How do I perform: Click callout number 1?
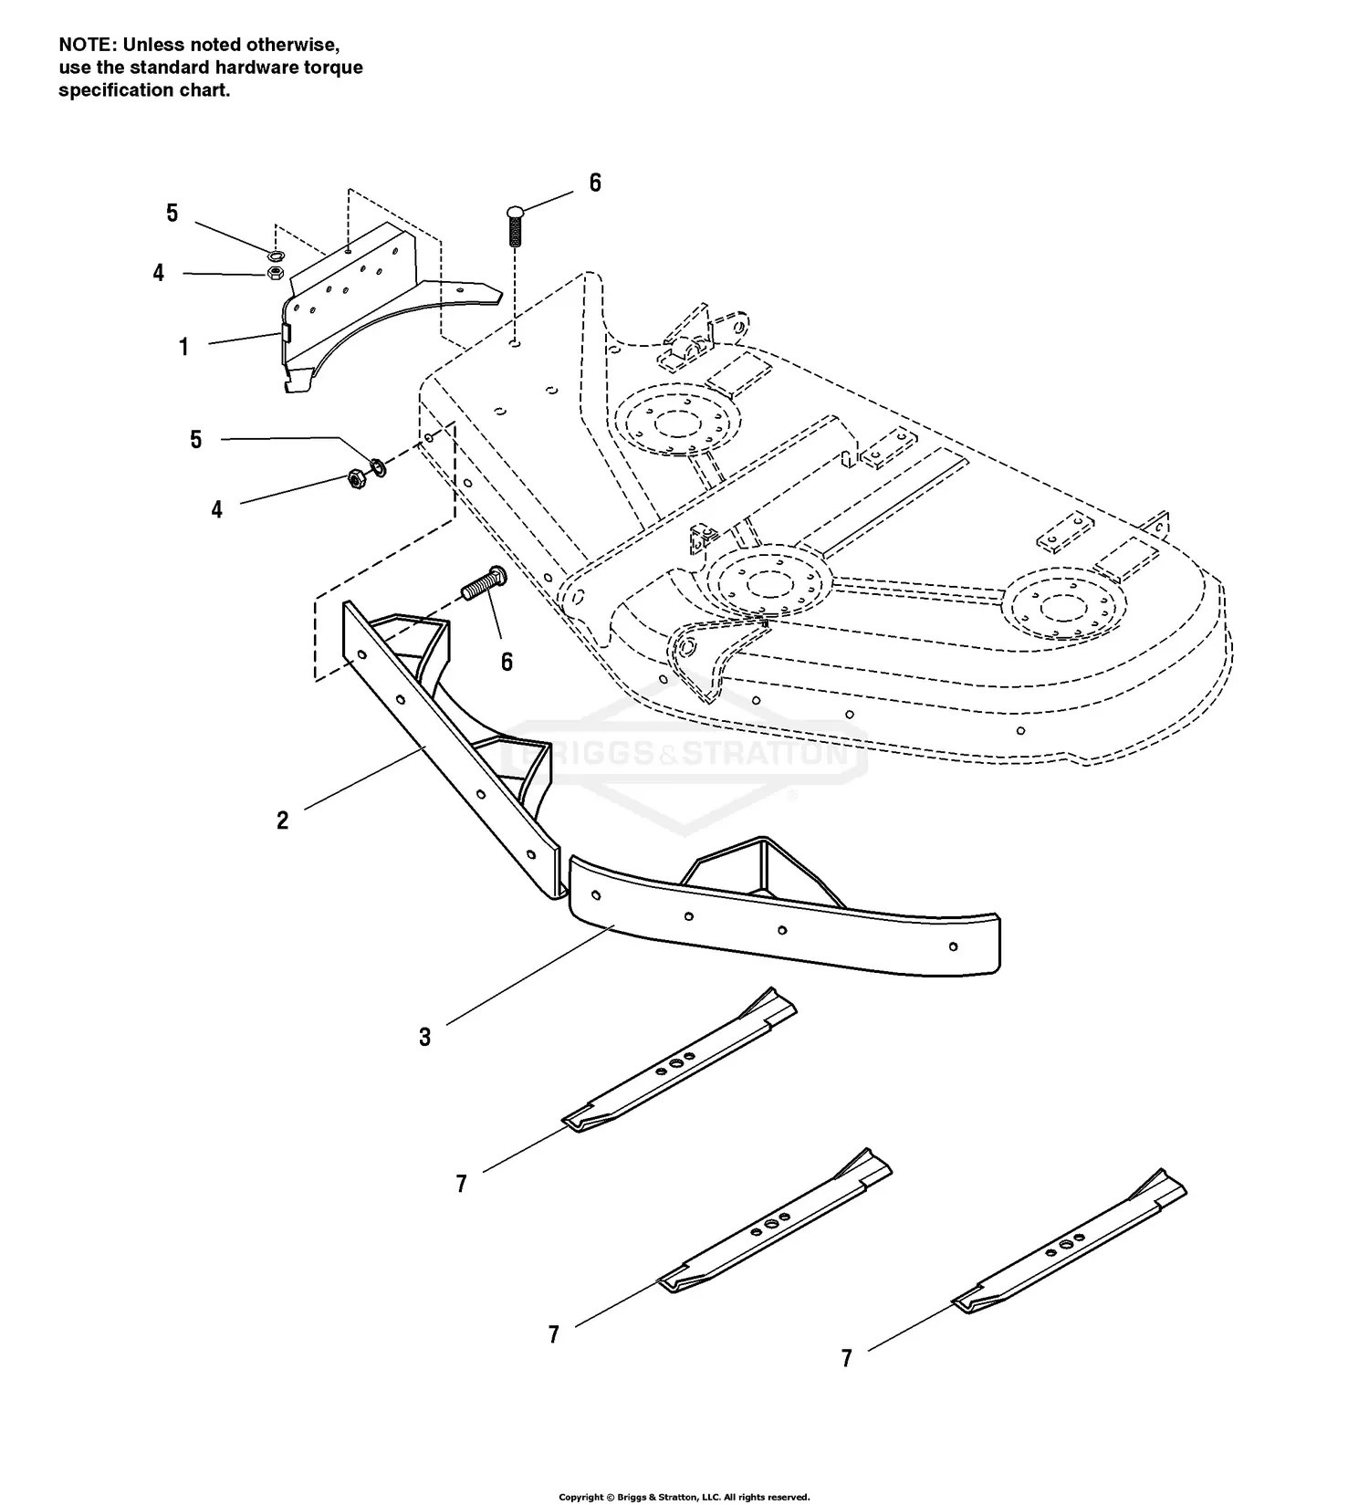tap(183, 347)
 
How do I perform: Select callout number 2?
tap(282, 820)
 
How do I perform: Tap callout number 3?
tap(424, 1037)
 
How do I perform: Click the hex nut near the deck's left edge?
tap(357, 477)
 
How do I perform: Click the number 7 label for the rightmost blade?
tap(846, 1358)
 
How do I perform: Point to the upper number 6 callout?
tap(595, 183)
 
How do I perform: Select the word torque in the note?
tap(338, 68)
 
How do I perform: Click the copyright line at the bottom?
tap(684, 1497)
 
